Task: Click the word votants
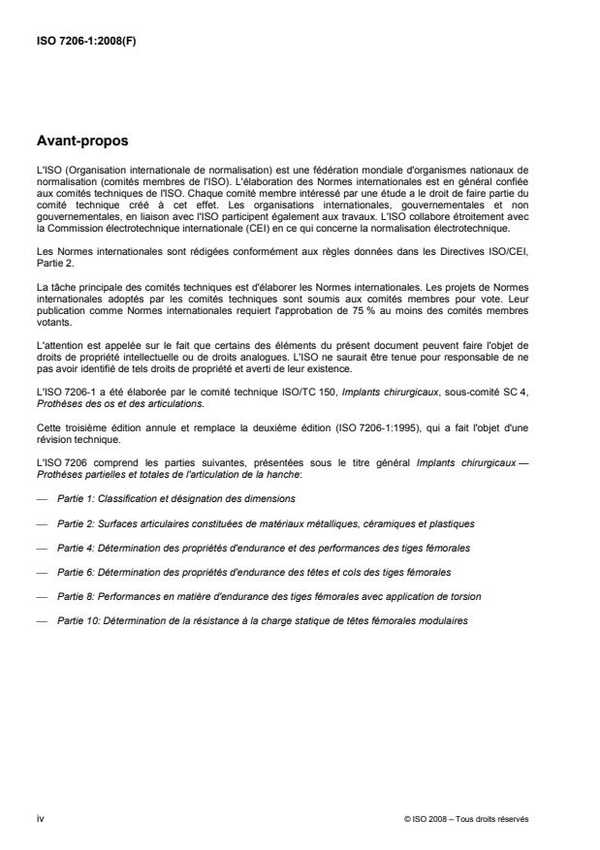click(x=50, y=328)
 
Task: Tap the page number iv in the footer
click(x=39, y=819)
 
